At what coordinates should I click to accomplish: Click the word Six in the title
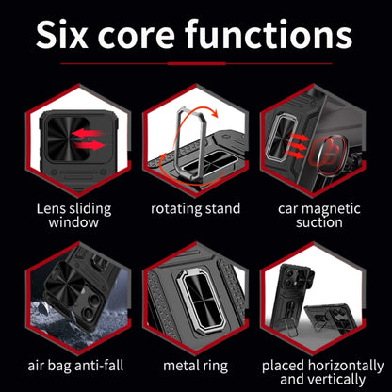62,34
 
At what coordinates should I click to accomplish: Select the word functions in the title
269,34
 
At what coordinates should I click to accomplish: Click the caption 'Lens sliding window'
73,216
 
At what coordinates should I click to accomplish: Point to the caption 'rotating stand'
195,209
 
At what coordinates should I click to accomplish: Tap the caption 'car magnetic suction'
318,216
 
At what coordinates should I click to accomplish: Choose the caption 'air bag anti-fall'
75,366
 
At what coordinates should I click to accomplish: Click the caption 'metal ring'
195,367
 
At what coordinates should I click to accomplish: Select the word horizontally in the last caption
346,366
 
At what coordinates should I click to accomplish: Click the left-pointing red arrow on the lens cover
87,133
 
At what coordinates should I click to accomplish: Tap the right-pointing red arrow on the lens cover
89,145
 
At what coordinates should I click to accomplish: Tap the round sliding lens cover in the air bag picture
65,287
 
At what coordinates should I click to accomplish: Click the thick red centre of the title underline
196,63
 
